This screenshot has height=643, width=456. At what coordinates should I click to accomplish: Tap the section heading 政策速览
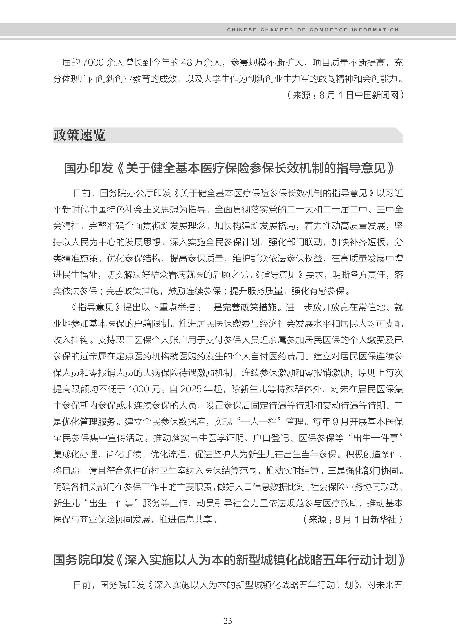pos(80,135)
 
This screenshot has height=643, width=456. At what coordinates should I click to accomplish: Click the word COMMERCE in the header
pos(328,30)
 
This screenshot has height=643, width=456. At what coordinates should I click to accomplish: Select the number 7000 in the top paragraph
pos(93,62)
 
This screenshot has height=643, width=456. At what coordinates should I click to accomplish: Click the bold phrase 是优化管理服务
pos(84,422)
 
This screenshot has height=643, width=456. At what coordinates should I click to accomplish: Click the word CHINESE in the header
pos(242,30)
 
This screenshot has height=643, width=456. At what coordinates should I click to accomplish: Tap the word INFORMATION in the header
pos(375,30)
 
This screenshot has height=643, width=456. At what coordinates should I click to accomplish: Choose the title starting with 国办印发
pos(229,168)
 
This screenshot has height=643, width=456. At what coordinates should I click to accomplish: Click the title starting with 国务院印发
pos(229,560)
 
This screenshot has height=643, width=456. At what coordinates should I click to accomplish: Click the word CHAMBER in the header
pos(277,30)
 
